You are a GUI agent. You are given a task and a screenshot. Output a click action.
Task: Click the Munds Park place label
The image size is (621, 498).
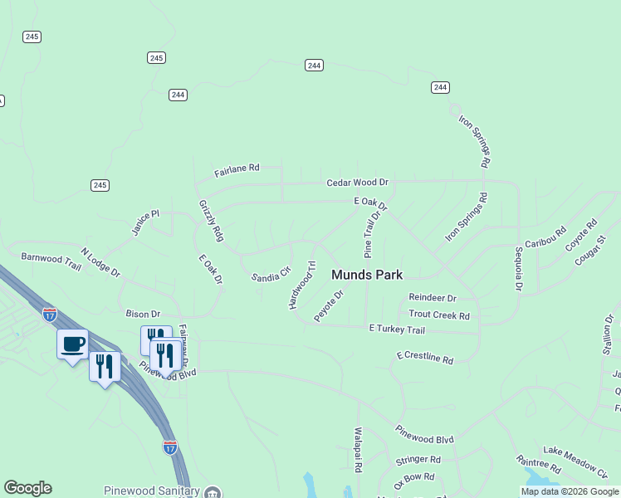click(367, 275)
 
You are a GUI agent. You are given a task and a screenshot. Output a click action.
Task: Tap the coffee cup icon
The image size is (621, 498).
click(72, 343)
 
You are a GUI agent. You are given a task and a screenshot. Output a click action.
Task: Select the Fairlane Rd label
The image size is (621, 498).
click(237, 170)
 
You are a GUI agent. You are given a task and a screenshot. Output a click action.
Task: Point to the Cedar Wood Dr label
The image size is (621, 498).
click(357, 182)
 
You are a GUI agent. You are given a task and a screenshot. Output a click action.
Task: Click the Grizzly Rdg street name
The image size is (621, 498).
click(211, 221)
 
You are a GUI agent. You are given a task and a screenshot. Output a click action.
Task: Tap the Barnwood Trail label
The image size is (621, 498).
click(51, 261)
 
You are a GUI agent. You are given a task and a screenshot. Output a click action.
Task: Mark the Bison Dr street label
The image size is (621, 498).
click(143, 314)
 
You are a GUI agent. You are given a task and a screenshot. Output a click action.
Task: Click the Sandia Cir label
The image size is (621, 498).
click(271, 273)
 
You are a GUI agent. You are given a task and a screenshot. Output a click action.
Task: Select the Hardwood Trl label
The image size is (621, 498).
click(302, 286)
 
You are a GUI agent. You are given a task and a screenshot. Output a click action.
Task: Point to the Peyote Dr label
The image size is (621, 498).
click(329, 306)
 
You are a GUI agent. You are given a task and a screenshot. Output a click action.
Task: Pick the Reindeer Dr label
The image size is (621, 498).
click(432, 298)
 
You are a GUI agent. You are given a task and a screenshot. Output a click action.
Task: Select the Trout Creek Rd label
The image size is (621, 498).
click(439, 315)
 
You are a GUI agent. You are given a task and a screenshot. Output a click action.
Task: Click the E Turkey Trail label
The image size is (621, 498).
click(396, 330)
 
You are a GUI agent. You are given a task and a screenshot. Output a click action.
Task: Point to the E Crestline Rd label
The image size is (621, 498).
click(424, 358)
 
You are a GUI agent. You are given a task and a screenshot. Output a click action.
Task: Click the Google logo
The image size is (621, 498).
click(27, 488)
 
